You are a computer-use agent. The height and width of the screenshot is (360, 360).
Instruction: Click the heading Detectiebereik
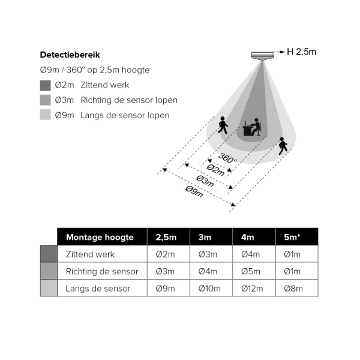(70, 55)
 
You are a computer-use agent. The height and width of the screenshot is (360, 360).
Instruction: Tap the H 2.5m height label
(301, 52)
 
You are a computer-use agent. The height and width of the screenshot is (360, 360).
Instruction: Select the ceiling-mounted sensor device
(262, 56)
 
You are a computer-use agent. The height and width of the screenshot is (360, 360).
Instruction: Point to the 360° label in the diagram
(227, 158)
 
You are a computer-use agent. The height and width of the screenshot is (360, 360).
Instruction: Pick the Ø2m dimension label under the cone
(215, 170)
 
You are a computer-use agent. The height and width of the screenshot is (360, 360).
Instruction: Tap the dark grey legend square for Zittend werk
(45, 85)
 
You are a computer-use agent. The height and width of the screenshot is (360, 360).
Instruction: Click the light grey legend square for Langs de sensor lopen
(45, 115)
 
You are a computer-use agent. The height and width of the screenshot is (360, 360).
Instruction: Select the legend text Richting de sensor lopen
(129, 100)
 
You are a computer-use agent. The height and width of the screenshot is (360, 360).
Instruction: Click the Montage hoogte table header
(100, 237)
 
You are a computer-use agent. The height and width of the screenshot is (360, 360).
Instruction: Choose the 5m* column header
(292, 237)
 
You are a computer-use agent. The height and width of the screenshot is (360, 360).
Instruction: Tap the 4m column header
(247, 237)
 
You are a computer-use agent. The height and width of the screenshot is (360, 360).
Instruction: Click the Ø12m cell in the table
(252, 289)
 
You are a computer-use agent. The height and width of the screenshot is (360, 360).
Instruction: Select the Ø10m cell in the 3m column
(209, 289)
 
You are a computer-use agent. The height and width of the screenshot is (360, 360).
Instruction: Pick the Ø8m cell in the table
(293, 289)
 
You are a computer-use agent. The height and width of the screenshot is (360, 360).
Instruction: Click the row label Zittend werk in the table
(90, 254)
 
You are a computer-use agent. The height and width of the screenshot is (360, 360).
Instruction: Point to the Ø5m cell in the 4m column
(251, 271)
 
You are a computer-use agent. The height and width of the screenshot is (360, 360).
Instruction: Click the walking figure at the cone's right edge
(283, 146)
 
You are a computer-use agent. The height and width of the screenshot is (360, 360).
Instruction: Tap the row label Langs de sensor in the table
(98, 289)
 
